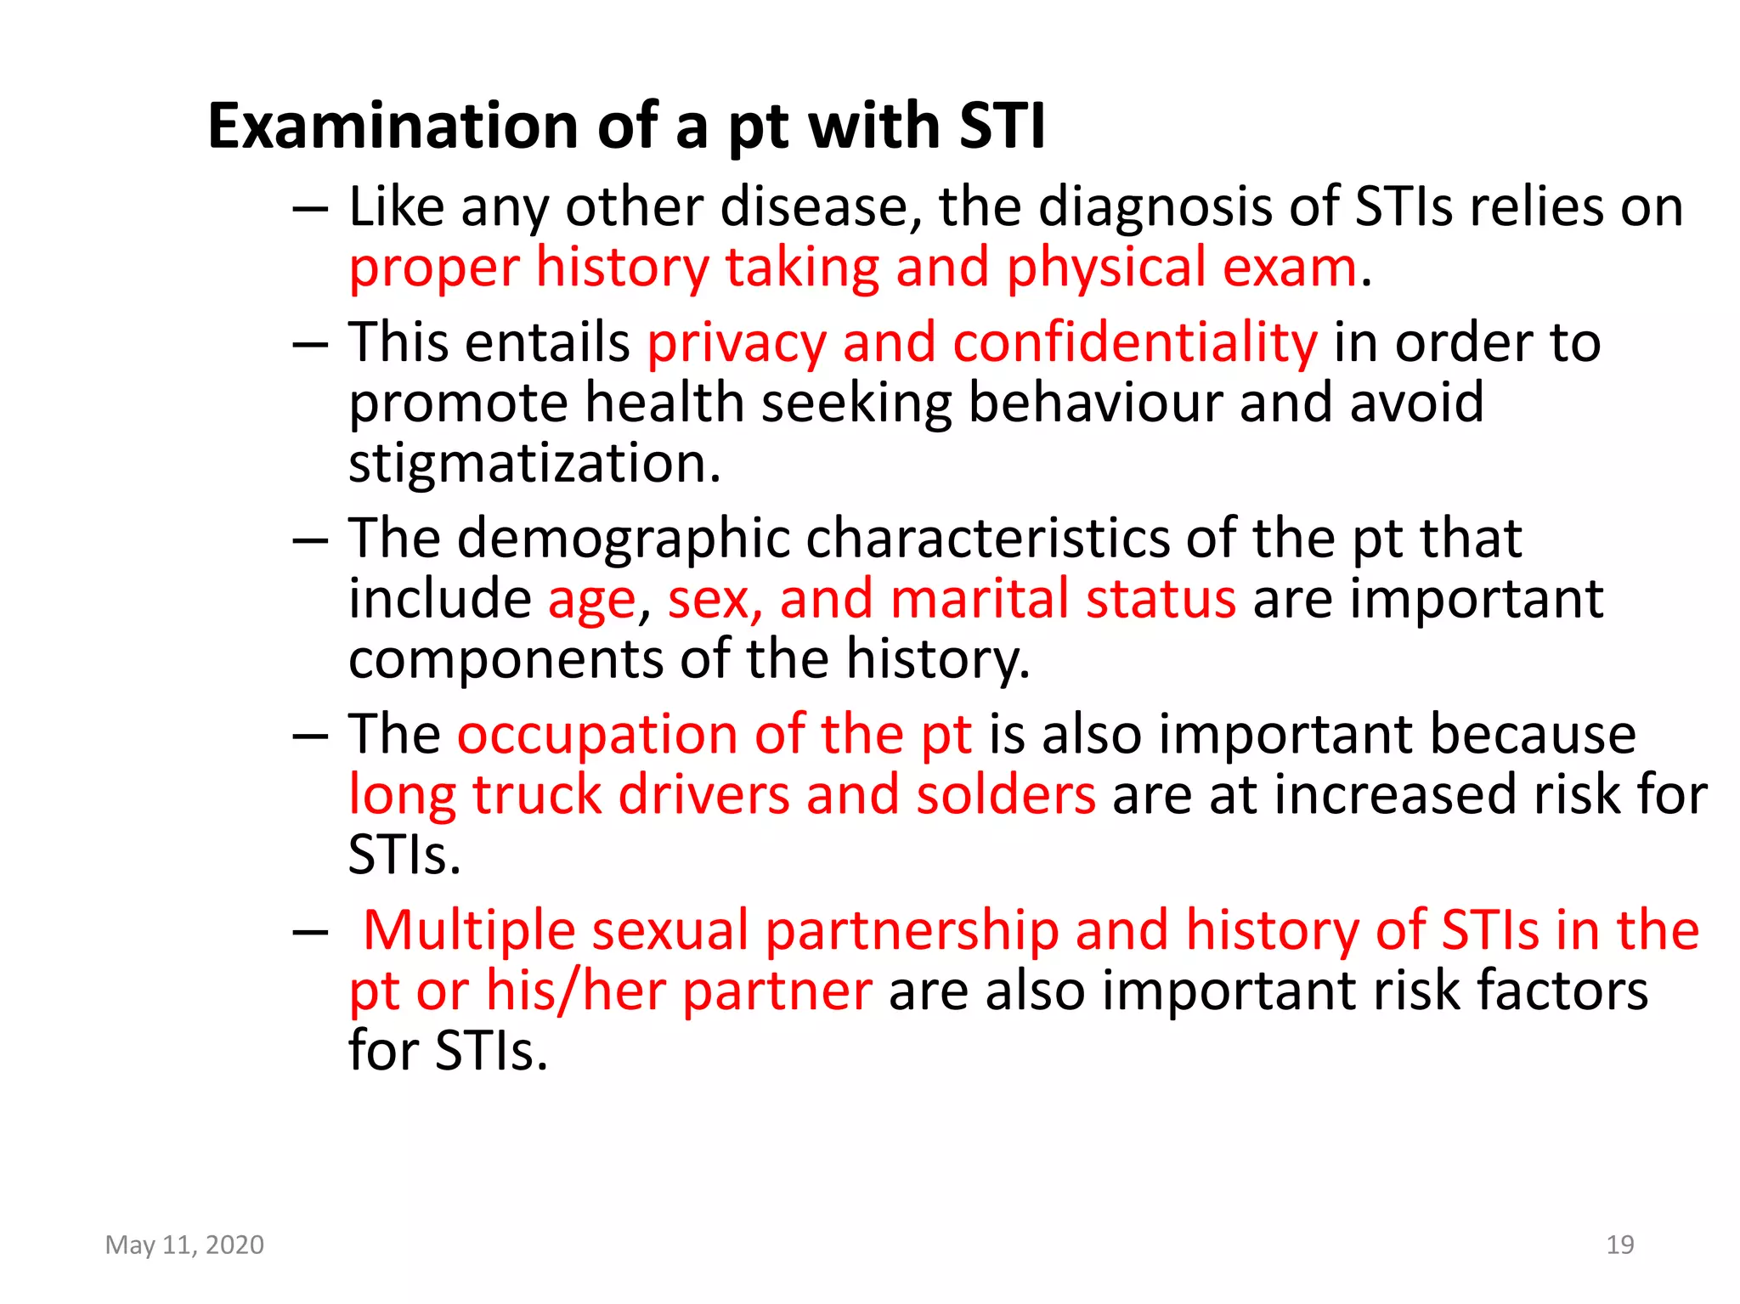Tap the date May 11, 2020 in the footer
click(184, 1245)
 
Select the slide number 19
click(1619, 1245)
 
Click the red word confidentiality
click(1134, 342)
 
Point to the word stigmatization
click(534, 463)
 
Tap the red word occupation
click(597, 734)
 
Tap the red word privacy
click(737, 344)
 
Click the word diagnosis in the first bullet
click(1155, 206)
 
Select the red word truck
click(537, 794)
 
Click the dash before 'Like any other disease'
click(309, 208)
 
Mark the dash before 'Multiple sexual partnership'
click(309, 932)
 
